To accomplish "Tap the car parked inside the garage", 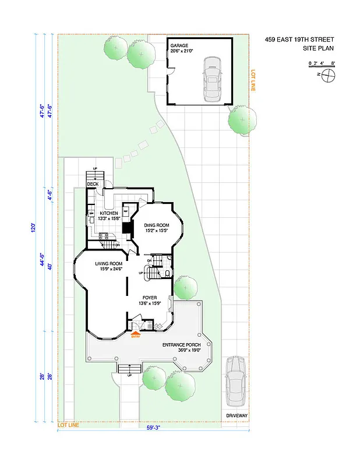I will (213, 79).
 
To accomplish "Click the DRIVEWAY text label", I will (237, 415).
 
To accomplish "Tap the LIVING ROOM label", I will (110, 266).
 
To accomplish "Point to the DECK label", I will (93, 185).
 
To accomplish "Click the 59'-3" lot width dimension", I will (154, 428).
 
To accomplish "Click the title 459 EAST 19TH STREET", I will (299, 40).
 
